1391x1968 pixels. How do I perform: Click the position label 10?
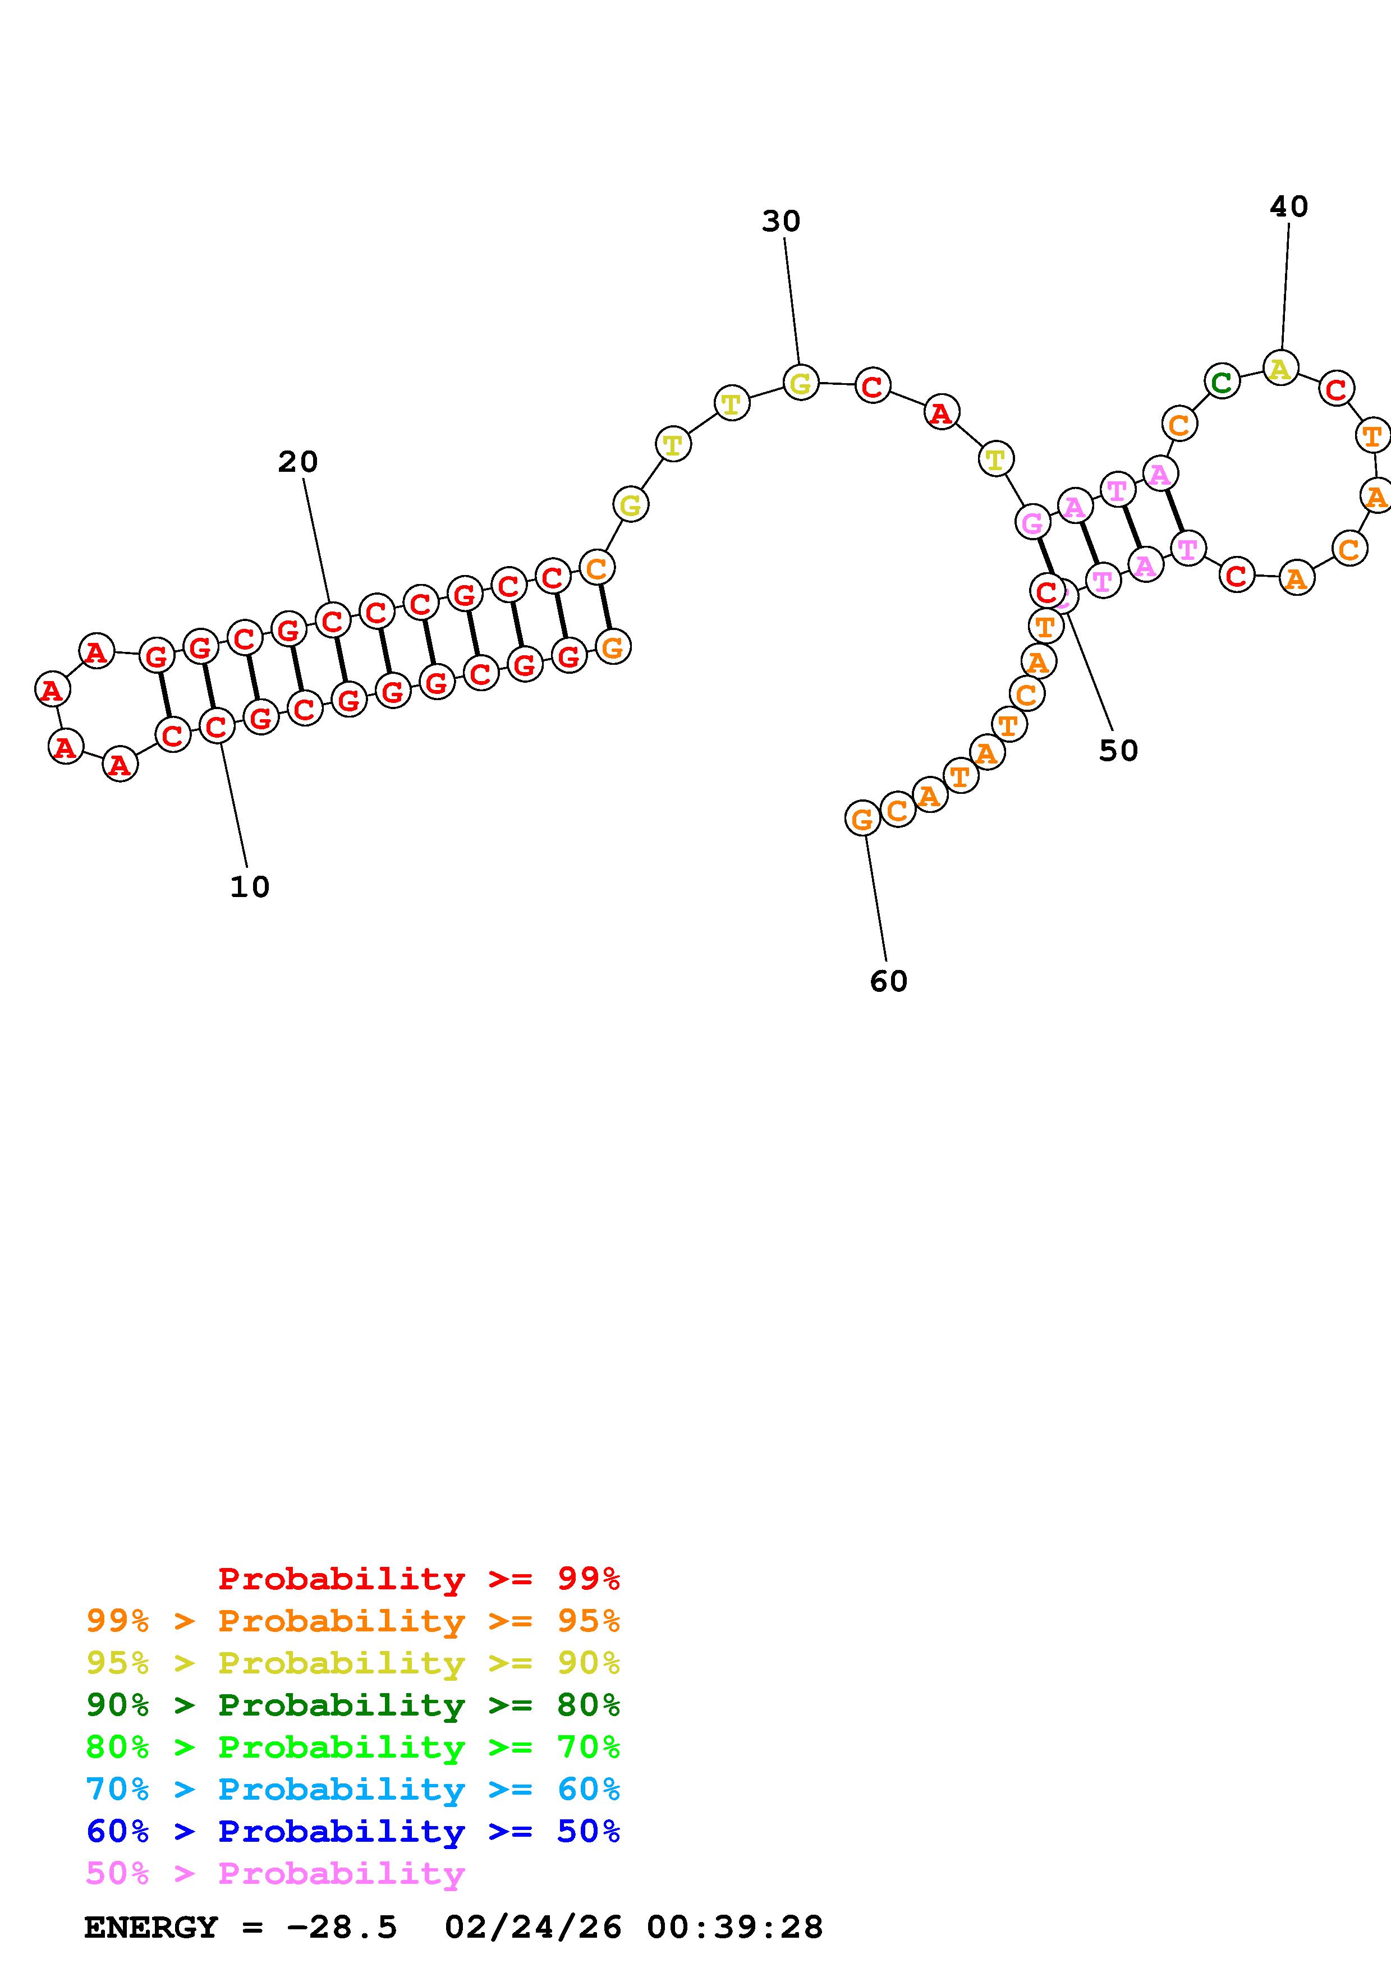[x=249, y=887]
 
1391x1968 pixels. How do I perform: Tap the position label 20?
[x=297, y=462]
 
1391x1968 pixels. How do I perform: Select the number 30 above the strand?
[x=781, y=221]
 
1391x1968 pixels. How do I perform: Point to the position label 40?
[x=1288, y=206]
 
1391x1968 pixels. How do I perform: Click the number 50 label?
[x=1118, y=751]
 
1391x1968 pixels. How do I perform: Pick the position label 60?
[x=888, y=981]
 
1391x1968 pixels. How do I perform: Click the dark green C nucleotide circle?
[x=1222, y=381]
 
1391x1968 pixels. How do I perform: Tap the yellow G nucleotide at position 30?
[x=801, y=383]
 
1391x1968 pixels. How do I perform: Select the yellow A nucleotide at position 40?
[x=1280, y=369]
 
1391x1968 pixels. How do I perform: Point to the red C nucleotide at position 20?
[x=332, y=620]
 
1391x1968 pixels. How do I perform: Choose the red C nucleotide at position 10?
[x=217, y=726]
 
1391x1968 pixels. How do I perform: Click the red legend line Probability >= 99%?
[x=418, y=1579]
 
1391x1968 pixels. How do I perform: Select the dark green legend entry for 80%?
[x=352, y=1705]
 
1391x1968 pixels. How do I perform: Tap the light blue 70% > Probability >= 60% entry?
[x=352, y=1789]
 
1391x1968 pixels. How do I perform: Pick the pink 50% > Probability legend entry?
[x=275, y=1873]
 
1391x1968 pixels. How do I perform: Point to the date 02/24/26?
[x=533, y=1927]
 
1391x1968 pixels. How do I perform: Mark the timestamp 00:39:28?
[x=734, y=1927]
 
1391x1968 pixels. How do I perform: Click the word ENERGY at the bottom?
[x=151, y=1927]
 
